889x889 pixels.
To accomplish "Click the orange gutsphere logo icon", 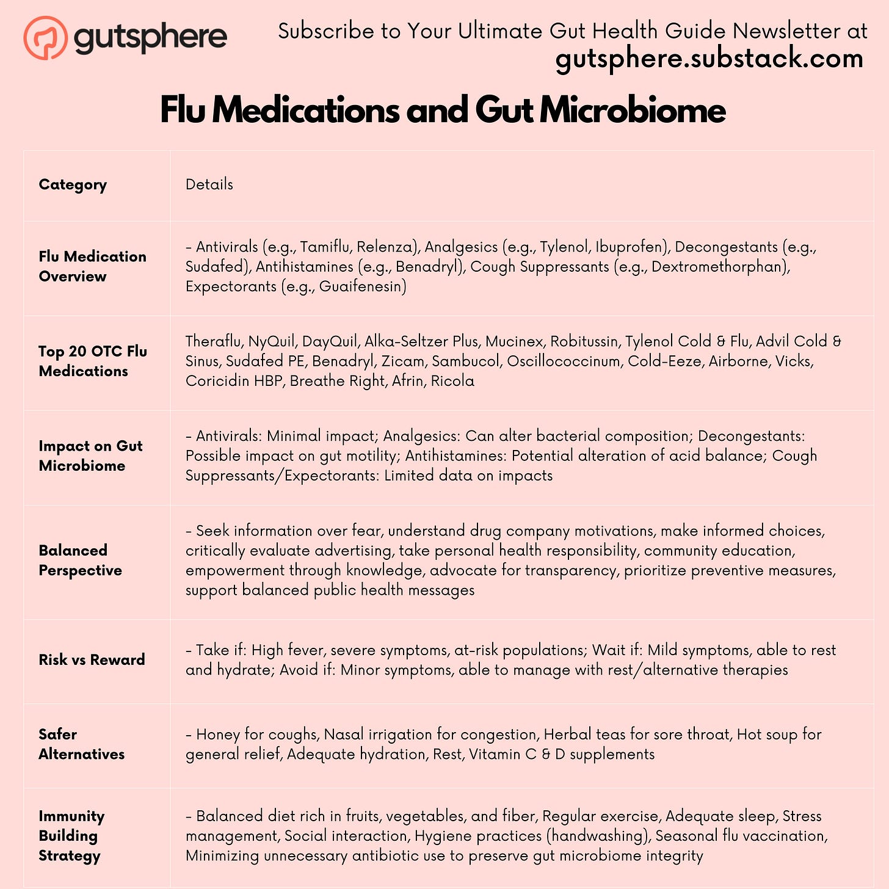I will click(45, 37).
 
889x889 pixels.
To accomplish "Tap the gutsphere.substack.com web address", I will click(709, 59).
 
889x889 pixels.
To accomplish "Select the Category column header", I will click(73, 184).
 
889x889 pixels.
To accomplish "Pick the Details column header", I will click(209, 184).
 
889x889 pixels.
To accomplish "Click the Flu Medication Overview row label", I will click(92, 266).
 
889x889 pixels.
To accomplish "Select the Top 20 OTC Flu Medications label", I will click(92, 361).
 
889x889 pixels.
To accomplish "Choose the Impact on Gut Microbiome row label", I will click(90, 455).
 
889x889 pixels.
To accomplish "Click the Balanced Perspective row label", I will click(80, 560).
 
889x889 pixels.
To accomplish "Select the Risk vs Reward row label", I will click(92, 659).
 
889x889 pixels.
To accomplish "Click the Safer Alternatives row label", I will click(81, 744).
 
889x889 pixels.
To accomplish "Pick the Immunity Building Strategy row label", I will click(71, 835).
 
